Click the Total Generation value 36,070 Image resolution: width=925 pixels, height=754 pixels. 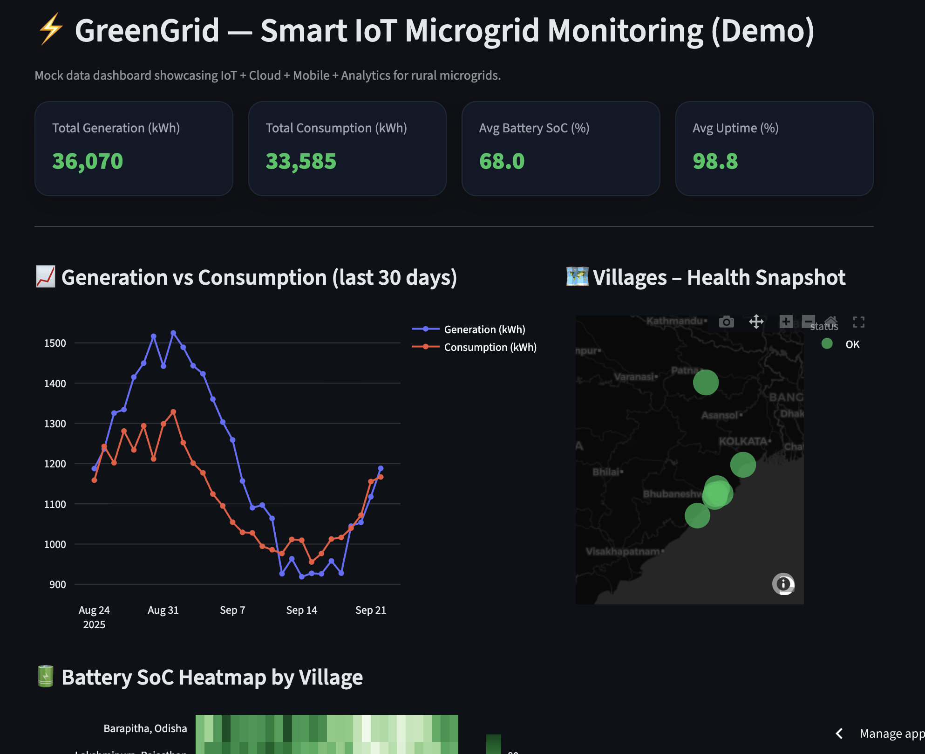click(88, 161)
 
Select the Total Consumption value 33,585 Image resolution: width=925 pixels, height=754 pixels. click(301, 161)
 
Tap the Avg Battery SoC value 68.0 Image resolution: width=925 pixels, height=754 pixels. click(502, 161)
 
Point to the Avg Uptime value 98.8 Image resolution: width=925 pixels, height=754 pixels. click(715, 161)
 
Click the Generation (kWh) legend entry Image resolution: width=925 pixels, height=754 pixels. click(484, 329)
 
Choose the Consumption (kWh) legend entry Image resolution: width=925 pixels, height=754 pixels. click(490, 347)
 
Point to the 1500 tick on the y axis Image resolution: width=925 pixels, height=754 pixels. click(55, 343)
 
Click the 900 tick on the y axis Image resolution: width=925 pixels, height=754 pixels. click(58, 584)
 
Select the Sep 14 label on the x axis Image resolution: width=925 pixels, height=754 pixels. click(301, 610)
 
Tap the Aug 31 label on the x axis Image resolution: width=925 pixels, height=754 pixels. click(163, 610)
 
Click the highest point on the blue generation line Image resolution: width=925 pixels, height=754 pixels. click(173, 333)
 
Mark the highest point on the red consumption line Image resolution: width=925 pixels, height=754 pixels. click(173, 412)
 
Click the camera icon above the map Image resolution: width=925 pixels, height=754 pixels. click(726, 322)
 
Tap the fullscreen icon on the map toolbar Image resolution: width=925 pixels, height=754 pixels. click(858, 322)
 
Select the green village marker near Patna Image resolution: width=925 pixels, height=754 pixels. click(706, 382)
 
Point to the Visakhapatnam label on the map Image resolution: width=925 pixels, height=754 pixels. click(623, 551)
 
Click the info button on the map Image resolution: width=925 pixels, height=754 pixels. click(783, 583)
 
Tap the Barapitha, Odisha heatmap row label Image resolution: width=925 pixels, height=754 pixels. click(145, 728)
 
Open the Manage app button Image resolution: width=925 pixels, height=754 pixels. click(891, 733)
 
